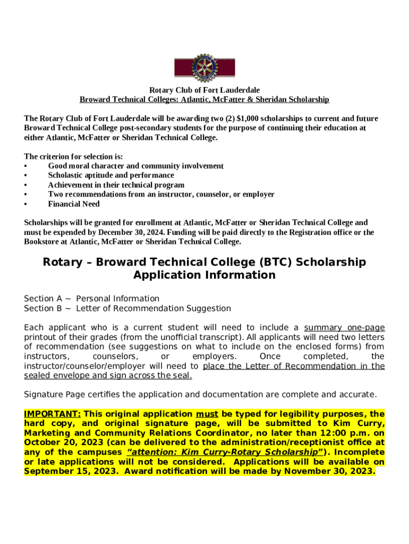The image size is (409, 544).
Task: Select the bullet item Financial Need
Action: pyautogui.click(x=74, y=204)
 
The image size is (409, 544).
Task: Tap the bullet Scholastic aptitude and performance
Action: pyautogui.click(x=111, y=175)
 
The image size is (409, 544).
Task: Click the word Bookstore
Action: pyautogui.click(x=43, y=242)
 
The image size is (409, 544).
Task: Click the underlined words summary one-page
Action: pyautogui.click(x=344, y=328)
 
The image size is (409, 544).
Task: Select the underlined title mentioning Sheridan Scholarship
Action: pyautogui.click(x=204, y=100)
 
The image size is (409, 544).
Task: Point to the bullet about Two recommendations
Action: pyautogui.click(x=161, y=194)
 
